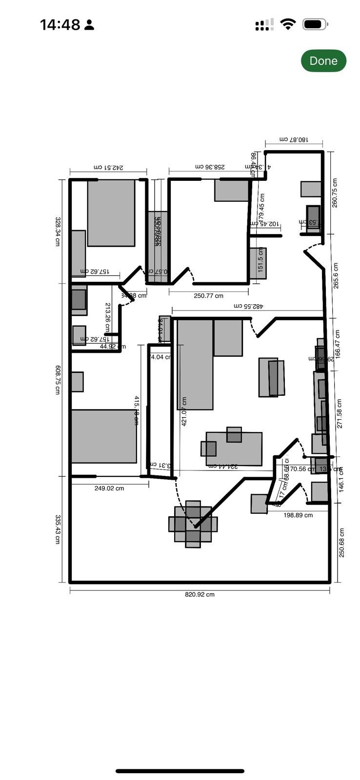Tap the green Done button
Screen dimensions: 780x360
323,60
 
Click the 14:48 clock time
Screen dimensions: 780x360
60,25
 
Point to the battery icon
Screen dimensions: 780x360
315,24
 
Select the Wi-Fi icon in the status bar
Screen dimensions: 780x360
288,24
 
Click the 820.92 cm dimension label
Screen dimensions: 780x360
200,594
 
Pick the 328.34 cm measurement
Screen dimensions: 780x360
58,231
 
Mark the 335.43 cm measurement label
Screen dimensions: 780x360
58,529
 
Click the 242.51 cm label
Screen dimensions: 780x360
108,167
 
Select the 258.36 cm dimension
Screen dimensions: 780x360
210,167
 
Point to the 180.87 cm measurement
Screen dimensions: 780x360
294,139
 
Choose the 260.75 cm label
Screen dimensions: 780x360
335,193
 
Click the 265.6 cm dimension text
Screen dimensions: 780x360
336,275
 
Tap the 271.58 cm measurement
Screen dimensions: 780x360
339,413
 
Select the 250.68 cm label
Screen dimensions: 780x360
341,543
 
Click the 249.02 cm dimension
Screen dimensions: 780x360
109,488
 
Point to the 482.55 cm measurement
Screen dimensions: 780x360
248,306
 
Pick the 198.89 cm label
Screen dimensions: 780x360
298,515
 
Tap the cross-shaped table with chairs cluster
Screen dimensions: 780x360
193,524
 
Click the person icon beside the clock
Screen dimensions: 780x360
89,25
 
